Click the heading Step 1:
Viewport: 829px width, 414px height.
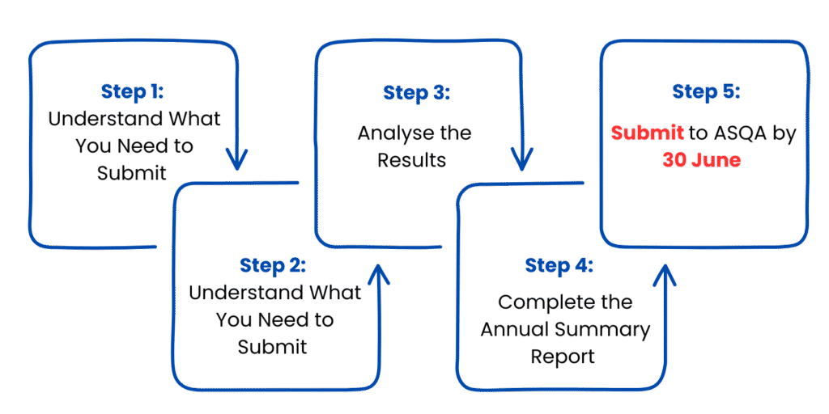pyautogui.click(x=133, y=91)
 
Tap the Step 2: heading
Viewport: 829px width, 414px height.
pyautogui.click(x=273, y=265)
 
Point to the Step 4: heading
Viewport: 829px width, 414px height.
pyautogui.click(x=559, y=265)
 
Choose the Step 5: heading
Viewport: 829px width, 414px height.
pyautogui.click(x=705, y=92)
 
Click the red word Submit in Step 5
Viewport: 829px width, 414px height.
pyautogui.click(x=647, y=133)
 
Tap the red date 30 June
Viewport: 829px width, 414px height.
pyautogui.click(x=701, y=160)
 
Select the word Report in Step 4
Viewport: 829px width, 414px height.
pyautogui.click(x=563, y=356)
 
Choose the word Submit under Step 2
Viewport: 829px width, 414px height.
pyautogui.click(x=272, y=347)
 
